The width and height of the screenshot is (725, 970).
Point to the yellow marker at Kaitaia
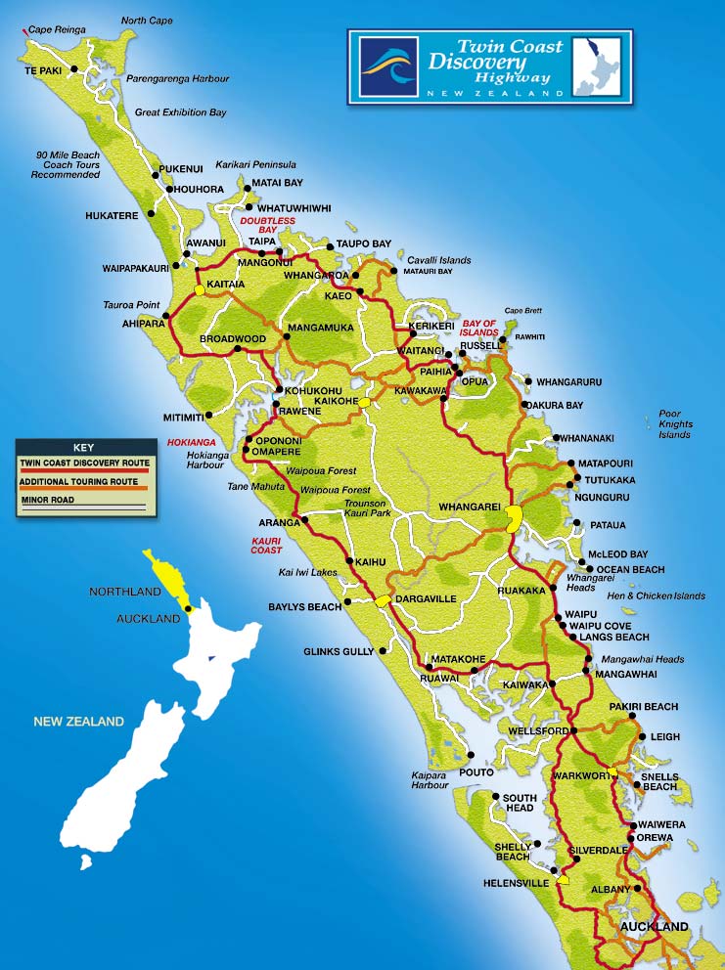coord(200,289)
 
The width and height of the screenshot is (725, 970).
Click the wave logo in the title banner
coord(388,66)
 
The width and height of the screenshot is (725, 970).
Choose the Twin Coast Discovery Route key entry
coord(83,462)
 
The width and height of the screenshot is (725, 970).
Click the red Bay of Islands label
coord(479,328)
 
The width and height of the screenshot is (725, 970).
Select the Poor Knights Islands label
coord(675,423)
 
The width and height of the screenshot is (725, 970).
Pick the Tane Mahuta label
coord(254,486)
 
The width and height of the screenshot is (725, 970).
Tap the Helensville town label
coord(517,883)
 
